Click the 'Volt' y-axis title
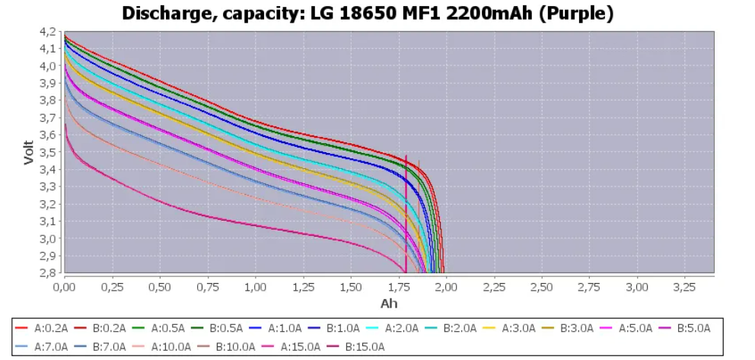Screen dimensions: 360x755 28,152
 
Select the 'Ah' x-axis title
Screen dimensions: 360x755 388,303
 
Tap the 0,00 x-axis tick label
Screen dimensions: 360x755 65,287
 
